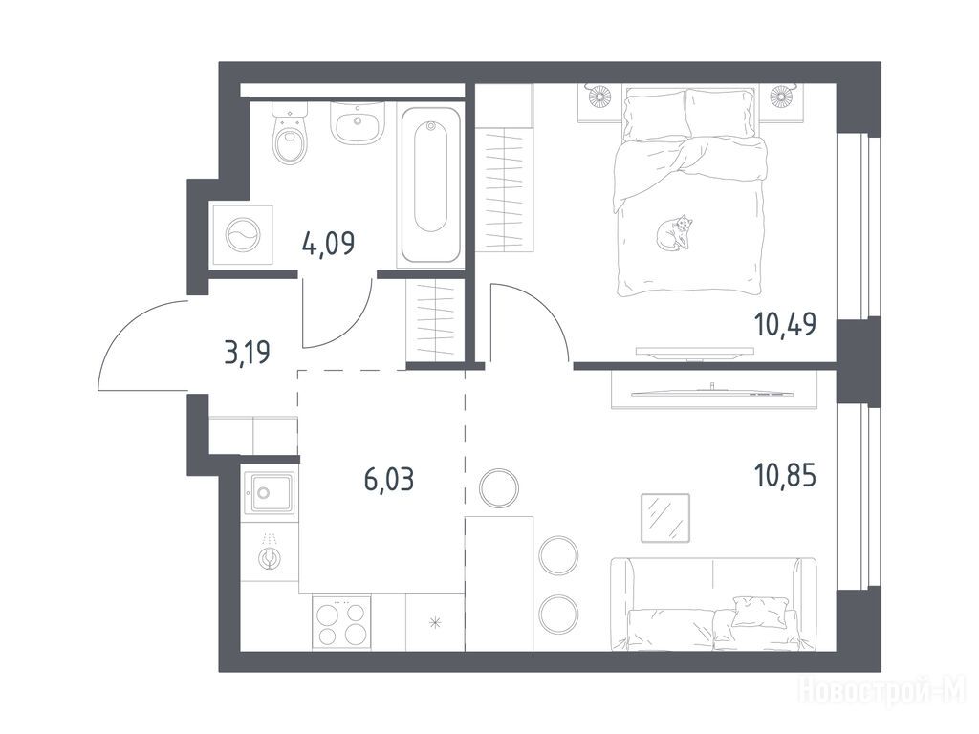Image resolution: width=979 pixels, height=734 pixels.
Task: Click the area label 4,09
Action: coord(328,243)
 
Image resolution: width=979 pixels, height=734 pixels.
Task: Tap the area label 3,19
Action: coord(248,353)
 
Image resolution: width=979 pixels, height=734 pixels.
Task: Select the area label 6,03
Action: coord(388,480)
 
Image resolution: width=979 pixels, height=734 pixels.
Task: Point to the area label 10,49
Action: coord(786,324)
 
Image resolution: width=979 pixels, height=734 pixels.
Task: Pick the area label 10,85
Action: coord(786,476)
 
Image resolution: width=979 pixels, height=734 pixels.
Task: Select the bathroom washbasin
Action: coord(358,122)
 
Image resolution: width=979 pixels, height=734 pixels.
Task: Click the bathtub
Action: coord(430,185)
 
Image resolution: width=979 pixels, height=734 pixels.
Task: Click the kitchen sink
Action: coord(269,493)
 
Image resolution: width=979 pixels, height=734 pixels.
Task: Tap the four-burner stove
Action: coord(341,621)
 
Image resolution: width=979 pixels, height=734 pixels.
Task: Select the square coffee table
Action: coord(665,518)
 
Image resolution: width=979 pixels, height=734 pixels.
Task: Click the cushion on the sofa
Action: coord(759,611)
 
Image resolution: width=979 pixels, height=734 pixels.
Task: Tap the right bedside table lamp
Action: coord(780,96)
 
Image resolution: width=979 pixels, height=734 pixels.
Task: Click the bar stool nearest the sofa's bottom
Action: coord(558,614)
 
